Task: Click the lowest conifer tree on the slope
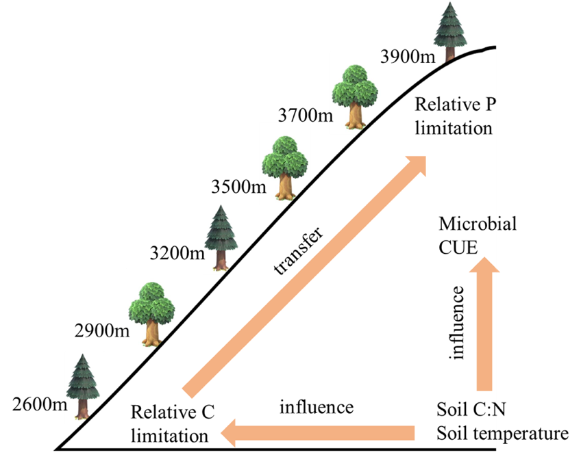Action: click(84, 386)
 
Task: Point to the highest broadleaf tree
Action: click(354, 92)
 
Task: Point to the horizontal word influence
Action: click(316, 408)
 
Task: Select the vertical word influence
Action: click(457, 322)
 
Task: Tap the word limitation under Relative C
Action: click(169, 436)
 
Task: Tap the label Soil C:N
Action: click(466, 410)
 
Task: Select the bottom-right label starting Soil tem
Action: click(466, 433)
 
